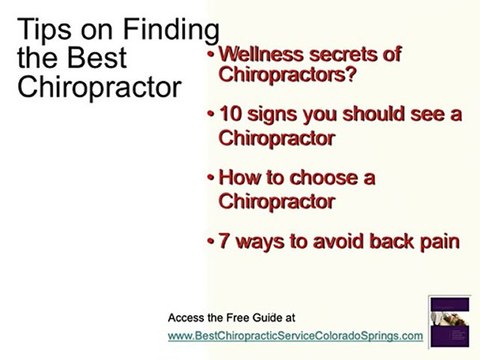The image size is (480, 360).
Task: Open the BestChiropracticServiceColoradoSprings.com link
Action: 295,335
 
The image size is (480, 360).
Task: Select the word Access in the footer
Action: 187,317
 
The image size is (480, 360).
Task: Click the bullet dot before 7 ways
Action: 211,241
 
